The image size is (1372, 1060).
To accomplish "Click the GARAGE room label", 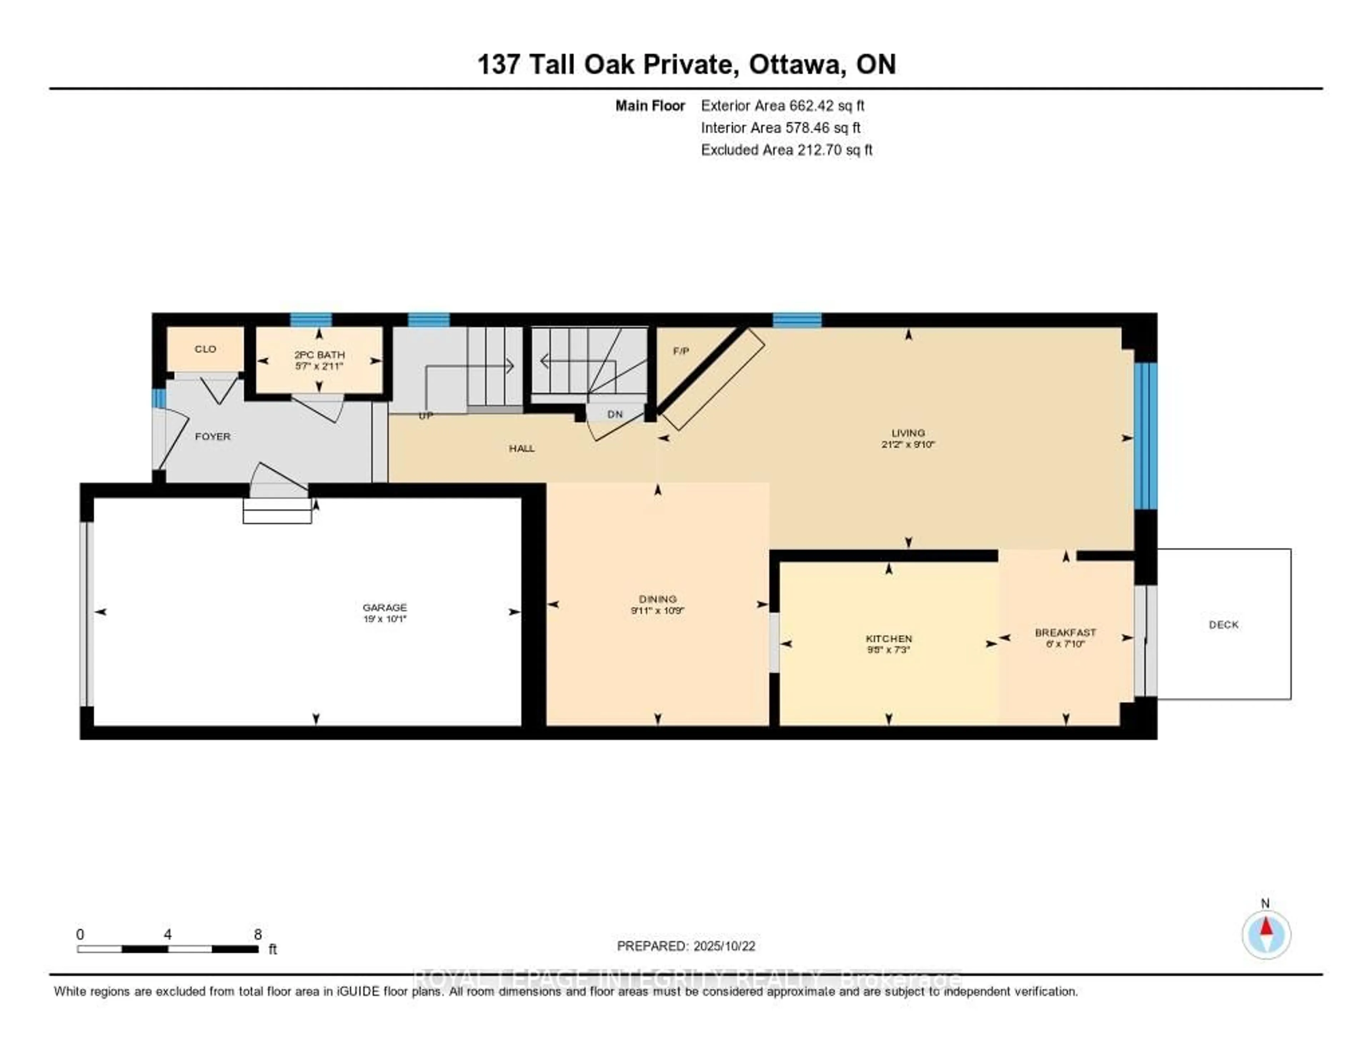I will [384, 607].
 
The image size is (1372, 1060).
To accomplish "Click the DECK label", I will [1224, 625].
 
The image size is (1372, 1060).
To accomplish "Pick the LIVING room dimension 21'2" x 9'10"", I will [908, 444].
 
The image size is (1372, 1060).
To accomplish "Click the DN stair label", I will [615, 414].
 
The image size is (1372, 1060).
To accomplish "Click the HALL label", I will [521, 448].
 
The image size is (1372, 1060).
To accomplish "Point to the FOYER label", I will [213, 436].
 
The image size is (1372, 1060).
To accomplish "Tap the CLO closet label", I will [205, 349].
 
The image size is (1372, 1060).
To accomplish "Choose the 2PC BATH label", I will [320, 355].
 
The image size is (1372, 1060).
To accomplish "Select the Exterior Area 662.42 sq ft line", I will [783, 105].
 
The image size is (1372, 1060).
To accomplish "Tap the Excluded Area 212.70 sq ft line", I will [786, 149].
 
